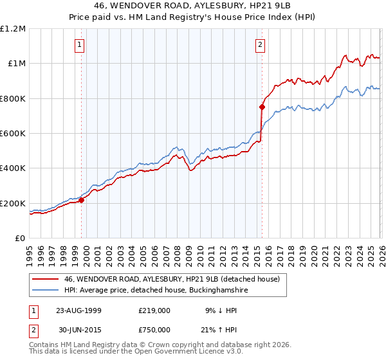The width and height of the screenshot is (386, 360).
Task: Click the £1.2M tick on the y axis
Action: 13,29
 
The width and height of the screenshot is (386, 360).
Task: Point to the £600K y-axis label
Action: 13,134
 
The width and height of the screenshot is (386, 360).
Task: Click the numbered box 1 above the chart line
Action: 79,45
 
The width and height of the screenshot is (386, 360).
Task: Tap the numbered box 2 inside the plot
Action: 260,45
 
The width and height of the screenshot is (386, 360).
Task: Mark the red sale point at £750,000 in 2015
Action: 262,107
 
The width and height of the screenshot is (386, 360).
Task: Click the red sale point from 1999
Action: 82,200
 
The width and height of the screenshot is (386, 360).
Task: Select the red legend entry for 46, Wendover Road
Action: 171,280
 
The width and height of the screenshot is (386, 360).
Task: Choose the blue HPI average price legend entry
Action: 156,291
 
